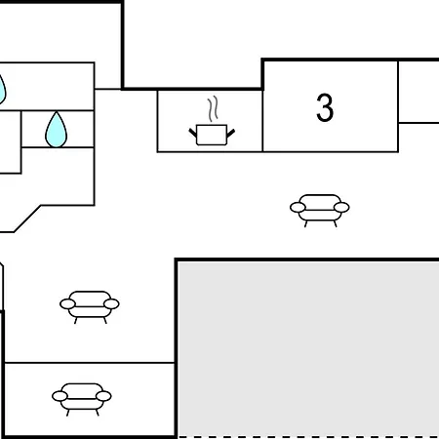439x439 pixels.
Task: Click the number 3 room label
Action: [325, 107]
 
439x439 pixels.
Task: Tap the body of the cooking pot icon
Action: [212, 135]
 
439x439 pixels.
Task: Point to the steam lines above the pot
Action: [213, 108]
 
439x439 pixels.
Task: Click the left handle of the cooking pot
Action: [193, 133]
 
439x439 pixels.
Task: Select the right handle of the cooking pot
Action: [230, 133]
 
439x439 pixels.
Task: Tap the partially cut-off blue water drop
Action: [2, 91]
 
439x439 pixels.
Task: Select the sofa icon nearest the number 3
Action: [320, 209]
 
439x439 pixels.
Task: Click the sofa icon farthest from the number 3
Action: [82, 397]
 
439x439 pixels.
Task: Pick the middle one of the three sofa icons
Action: [90, 305]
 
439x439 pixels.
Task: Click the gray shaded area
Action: [308, 348]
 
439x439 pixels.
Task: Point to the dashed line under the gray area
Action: [308, 437]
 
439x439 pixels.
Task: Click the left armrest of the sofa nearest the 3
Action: [298, 207]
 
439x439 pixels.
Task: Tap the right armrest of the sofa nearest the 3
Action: [341, 207]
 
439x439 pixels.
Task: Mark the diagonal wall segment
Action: [27, 219]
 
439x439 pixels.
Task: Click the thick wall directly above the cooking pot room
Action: [192, 89]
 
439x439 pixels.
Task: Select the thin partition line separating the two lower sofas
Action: [90, 362]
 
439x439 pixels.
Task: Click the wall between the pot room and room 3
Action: [262, 121]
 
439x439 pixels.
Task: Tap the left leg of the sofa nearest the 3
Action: [305, 223]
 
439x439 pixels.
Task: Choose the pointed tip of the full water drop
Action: [57, 112]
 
